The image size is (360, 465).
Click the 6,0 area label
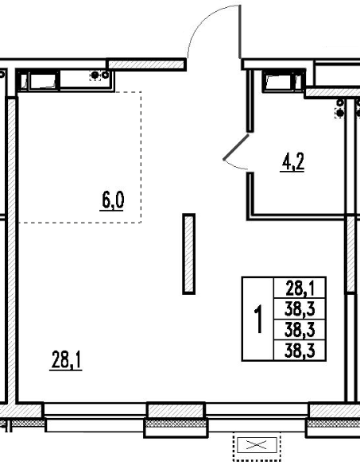[x=112, y=200]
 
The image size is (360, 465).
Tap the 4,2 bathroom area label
[x=292, y=162]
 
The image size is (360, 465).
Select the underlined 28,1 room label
[x=66, y=360]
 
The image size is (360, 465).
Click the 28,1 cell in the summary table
[x=300, y=288]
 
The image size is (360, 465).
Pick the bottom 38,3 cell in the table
[x=300, y=351]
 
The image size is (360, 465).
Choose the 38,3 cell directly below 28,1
[x=300, y=309]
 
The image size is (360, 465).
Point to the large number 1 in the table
[x=258, y=319]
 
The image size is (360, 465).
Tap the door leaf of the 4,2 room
[x=236, y=146]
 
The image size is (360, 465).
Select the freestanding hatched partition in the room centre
[x=188, y=254]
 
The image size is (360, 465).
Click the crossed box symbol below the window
[x=257, y=445]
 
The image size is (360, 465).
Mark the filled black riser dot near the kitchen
[x=95, y=76]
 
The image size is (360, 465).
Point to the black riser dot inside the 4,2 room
[x=340, y=113]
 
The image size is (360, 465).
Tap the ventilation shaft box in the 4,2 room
[x=284, y=80]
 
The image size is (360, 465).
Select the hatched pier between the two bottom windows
[x=176, y=411]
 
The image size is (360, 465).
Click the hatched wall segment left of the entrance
[x=146, y=64]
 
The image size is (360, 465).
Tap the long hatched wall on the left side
[x=12, y=250]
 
